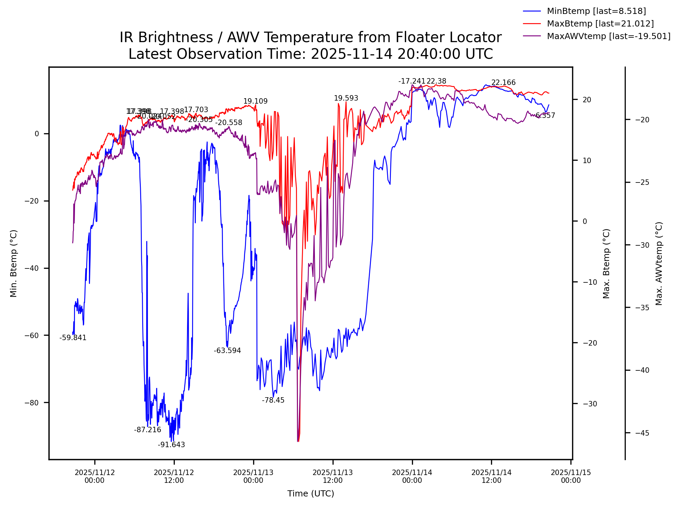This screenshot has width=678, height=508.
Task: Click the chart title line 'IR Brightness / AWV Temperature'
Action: point(310,37)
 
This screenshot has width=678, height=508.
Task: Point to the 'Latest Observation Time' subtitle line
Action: point(310,54)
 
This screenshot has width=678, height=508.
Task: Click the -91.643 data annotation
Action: point(171,445)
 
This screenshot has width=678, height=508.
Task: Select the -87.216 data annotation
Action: point(148,430)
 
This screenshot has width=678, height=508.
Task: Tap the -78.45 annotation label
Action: point(273,400)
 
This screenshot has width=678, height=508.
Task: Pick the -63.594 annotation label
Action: point(227,351)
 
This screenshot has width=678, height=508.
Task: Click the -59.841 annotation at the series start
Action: point(73,338)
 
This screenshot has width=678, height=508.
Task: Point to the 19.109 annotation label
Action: point(256,101)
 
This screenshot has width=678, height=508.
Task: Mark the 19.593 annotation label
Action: point(346,98)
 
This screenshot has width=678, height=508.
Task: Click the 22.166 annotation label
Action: point(504,83)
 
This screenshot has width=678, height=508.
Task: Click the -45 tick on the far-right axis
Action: point(642,433)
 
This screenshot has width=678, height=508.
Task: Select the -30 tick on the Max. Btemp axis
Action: point(589,404)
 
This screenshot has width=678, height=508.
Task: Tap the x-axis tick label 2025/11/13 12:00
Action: point(333,476)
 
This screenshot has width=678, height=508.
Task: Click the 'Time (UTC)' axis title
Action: point(310,493)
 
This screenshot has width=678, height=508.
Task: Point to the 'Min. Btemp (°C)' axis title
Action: point(14,263)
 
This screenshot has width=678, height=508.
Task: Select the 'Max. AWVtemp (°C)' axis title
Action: point(659,263)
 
